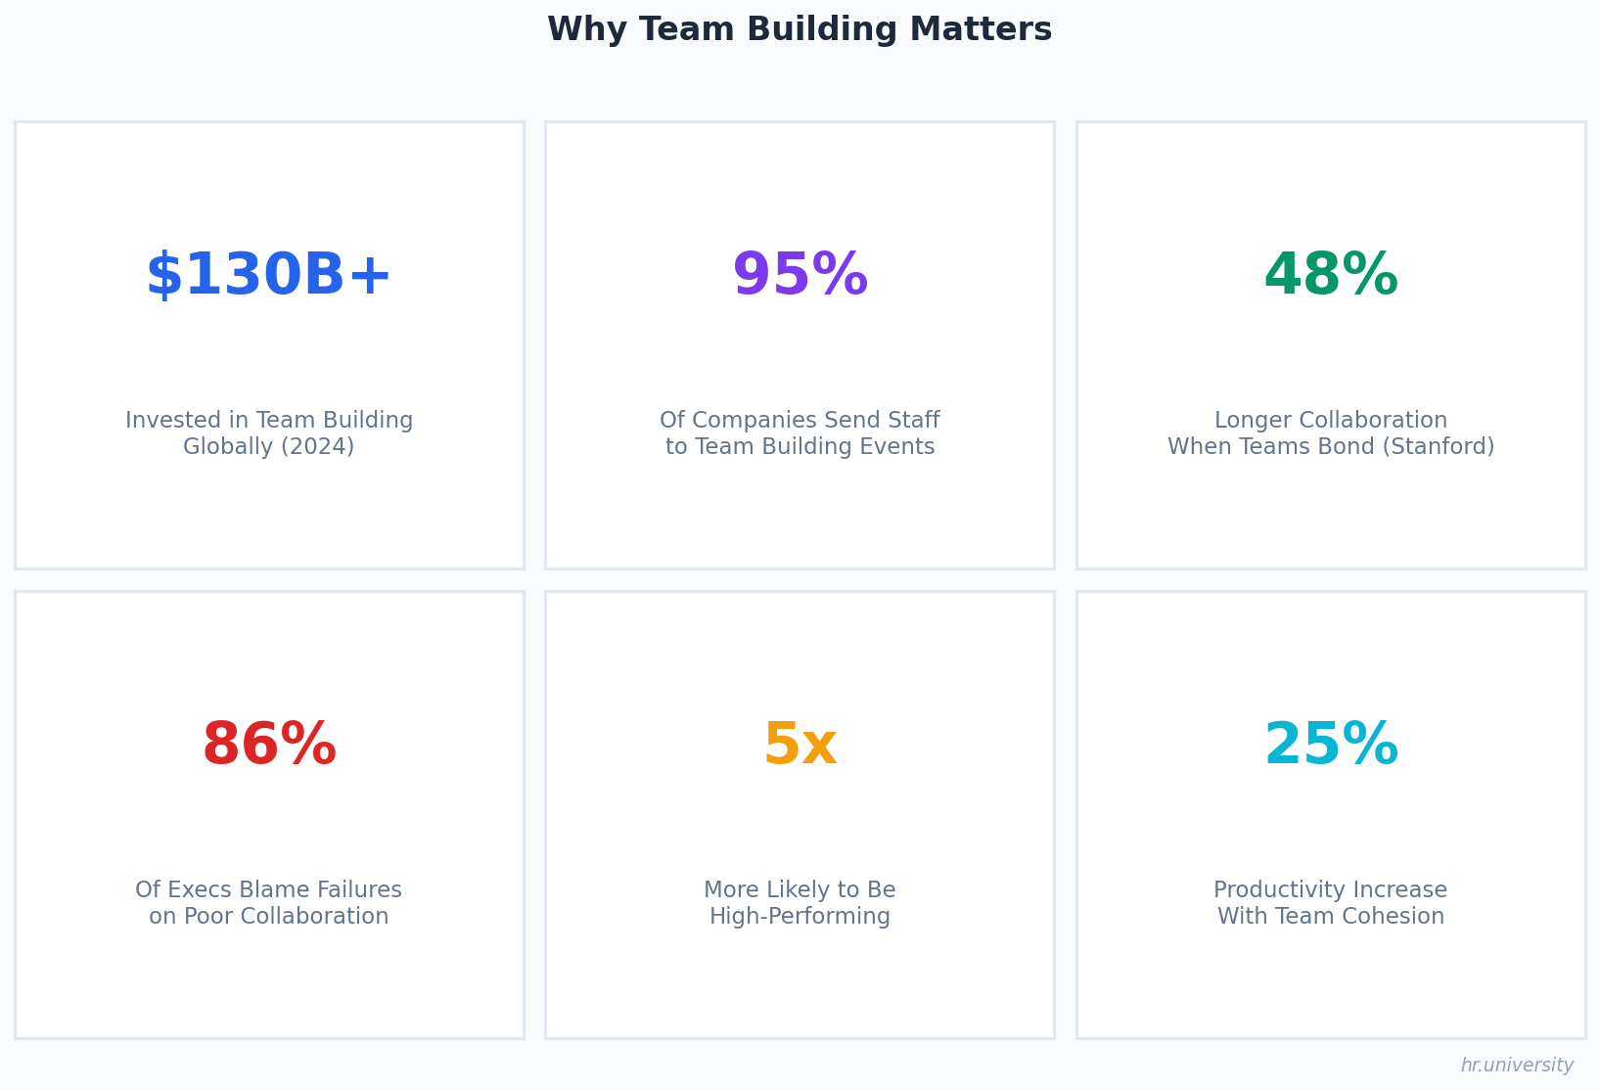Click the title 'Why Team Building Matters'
(x=800, y=30)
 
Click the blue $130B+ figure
(x=269, y=276)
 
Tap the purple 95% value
(x=800, y=276)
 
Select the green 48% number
(x=1331, y=276)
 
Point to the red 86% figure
(x=269, y=746)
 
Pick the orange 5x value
(x=800, y=746)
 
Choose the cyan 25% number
(x=1331, y=746)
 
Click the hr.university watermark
(x=1517, y=1066)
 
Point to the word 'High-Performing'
(x=800, y=917)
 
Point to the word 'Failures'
(x=358, y=890)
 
